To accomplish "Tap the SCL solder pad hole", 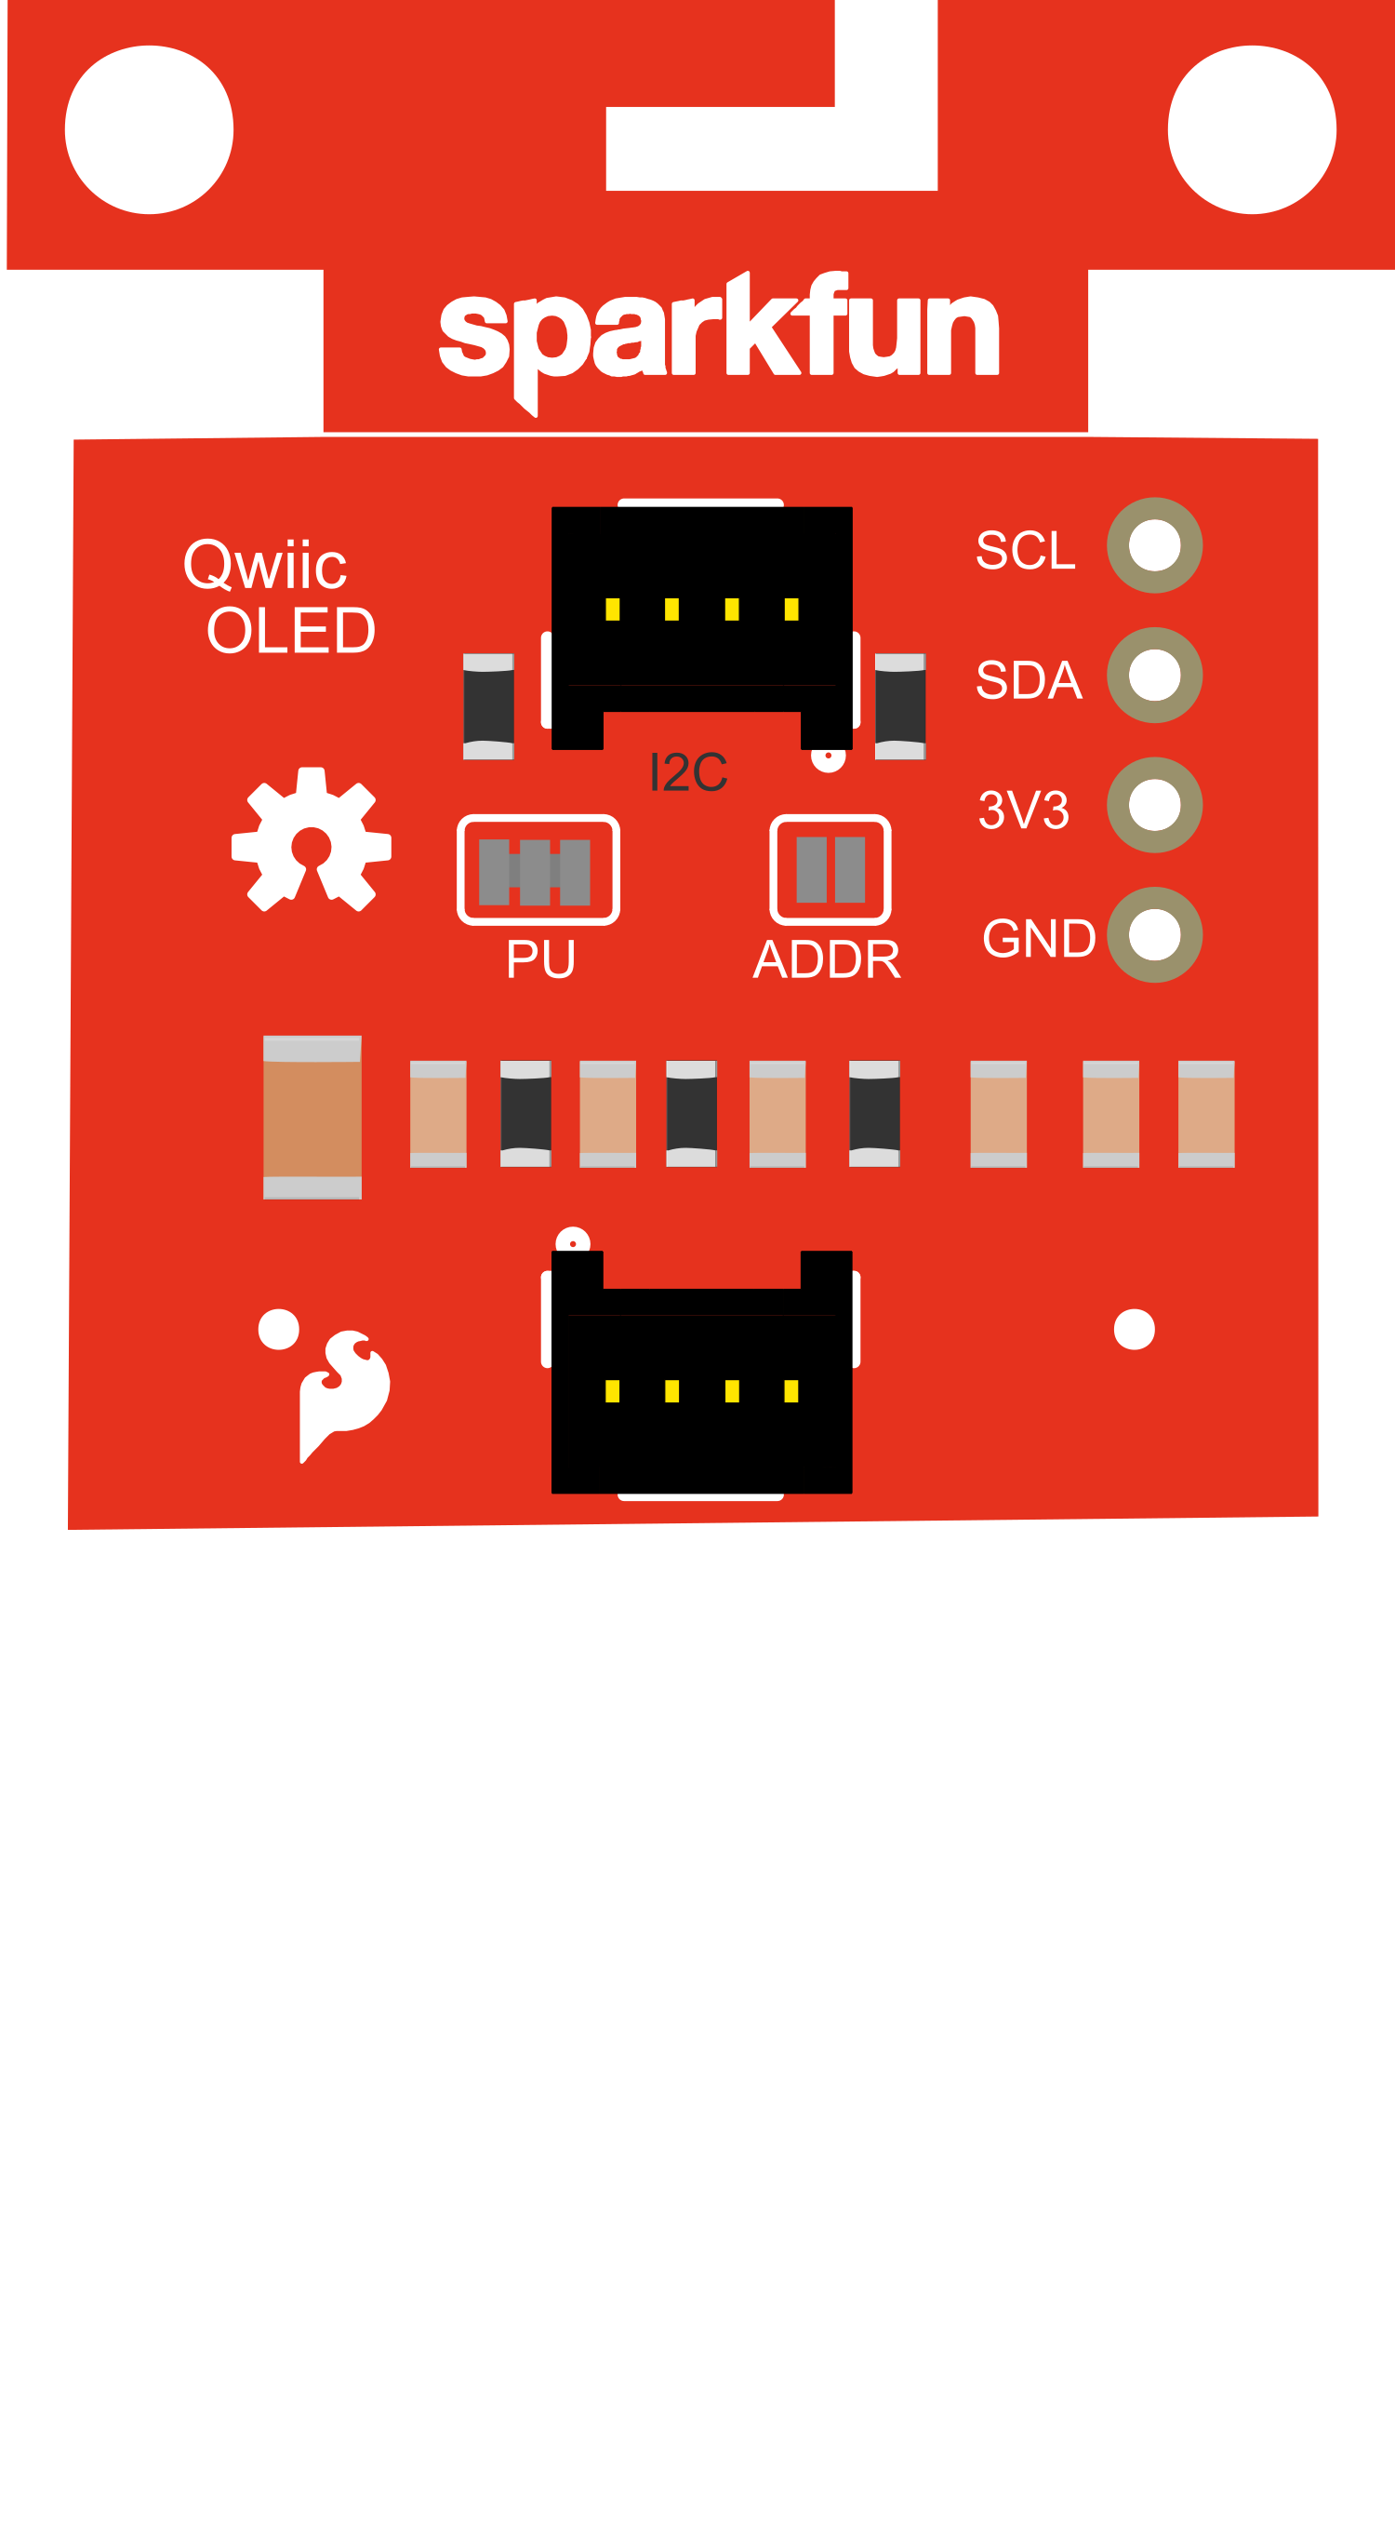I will (1154, 545).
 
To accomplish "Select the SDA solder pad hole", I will (1154, 675).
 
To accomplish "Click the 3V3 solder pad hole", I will (1154, 805).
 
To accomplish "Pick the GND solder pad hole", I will (1154, 935).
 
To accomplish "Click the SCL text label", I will (1025, 551).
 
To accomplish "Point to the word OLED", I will (291, 631).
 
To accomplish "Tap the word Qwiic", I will (265, 566).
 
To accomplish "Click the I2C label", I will (688, 772).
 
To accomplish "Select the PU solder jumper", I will (538, 870).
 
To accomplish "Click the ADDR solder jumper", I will (830, 870).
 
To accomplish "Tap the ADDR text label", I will (827, 959).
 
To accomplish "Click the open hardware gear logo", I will (312, 840).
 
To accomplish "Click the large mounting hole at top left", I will (149, 129).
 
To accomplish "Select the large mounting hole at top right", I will (1252, 129).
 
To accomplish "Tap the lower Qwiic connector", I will (701, 1373).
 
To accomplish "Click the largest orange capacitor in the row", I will (312, 1117).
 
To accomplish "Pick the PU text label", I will (540, 959).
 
